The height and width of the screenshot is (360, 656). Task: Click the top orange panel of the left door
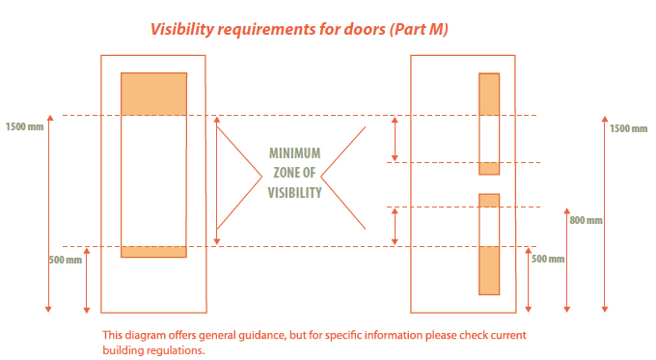pos(153,94)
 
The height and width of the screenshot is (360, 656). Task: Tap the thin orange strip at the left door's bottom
pos(153,252)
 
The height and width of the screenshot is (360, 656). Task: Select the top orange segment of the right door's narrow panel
pos(489,95)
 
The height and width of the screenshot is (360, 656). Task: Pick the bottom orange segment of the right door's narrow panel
pos(489,270)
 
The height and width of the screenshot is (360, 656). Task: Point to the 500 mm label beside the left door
pos(65,259)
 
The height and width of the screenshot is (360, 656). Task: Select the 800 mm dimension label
pos(586,220)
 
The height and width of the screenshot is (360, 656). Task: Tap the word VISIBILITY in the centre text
pos(294,192)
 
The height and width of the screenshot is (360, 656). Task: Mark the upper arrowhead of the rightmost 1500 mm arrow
pos(605,123)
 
